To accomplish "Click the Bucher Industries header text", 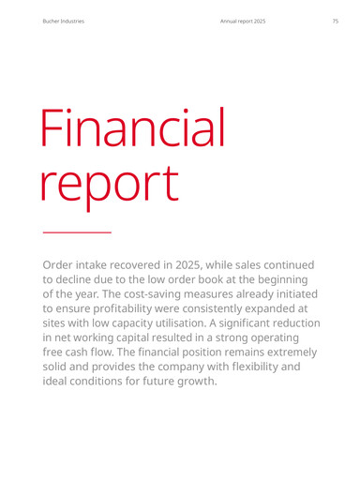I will [x=64, y=22].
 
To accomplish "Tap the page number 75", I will [x=335, y=22].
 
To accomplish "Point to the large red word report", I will [x=110, y=184].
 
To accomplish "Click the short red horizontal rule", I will [x=77, y=232].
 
